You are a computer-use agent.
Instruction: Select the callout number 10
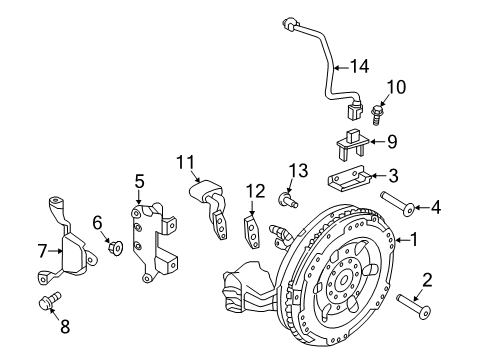pyautogui.click(x=398, y=89)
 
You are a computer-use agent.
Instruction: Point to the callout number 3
pyautogui.click(x=393, y=175)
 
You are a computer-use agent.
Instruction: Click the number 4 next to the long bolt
pyautogui.click(x=436, y=208)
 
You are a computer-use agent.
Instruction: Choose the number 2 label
pyautogui.click(x=427, y=279)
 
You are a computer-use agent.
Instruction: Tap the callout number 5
pyautogui.click(x=140, y=181)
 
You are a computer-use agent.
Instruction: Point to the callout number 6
pyautogui.click(x=98, y=221)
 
